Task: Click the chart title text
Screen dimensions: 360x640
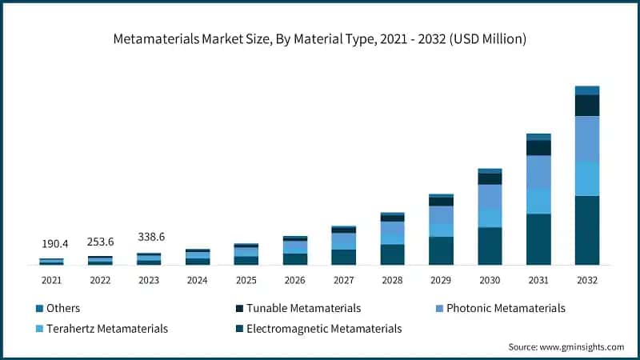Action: click(320, 38)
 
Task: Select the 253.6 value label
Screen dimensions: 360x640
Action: click(101, 241)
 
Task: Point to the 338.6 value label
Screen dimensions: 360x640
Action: click(150, 237)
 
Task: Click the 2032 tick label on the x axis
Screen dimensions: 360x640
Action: click(586, 281)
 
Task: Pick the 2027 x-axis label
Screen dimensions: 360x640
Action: click(343, 281)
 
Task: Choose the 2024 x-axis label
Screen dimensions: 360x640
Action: click(198, 281)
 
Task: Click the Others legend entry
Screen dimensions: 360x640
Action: click(62, 308)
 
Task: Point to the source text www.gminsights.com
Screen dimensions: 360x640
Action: click(566, 346)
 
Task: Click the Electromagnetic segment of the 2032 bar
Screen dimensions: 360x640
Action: click(586, 230)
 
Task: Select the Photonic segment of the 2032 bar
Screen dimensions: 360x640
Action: click(586, 138)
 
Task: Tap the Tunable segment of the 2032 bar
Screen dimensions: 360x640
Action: click(586, 106)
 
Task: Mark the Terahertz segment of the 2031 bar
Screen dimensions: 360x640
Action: click(538, 201)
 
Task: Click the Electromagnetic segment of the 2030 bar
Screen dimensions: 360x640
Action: click(490, 246)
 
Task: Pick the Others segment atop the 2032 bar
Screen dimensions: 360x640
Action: click(586, 90)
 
